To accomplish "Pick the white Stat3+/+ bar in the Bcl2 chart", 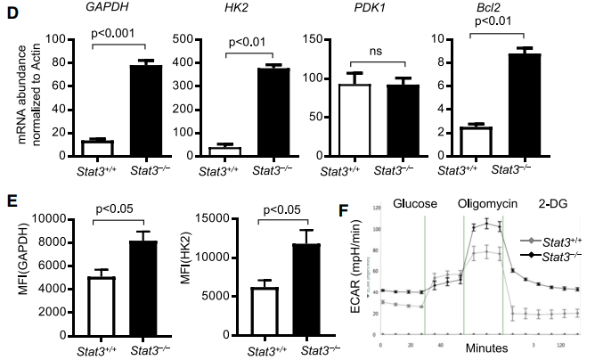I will coord(469,140).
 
